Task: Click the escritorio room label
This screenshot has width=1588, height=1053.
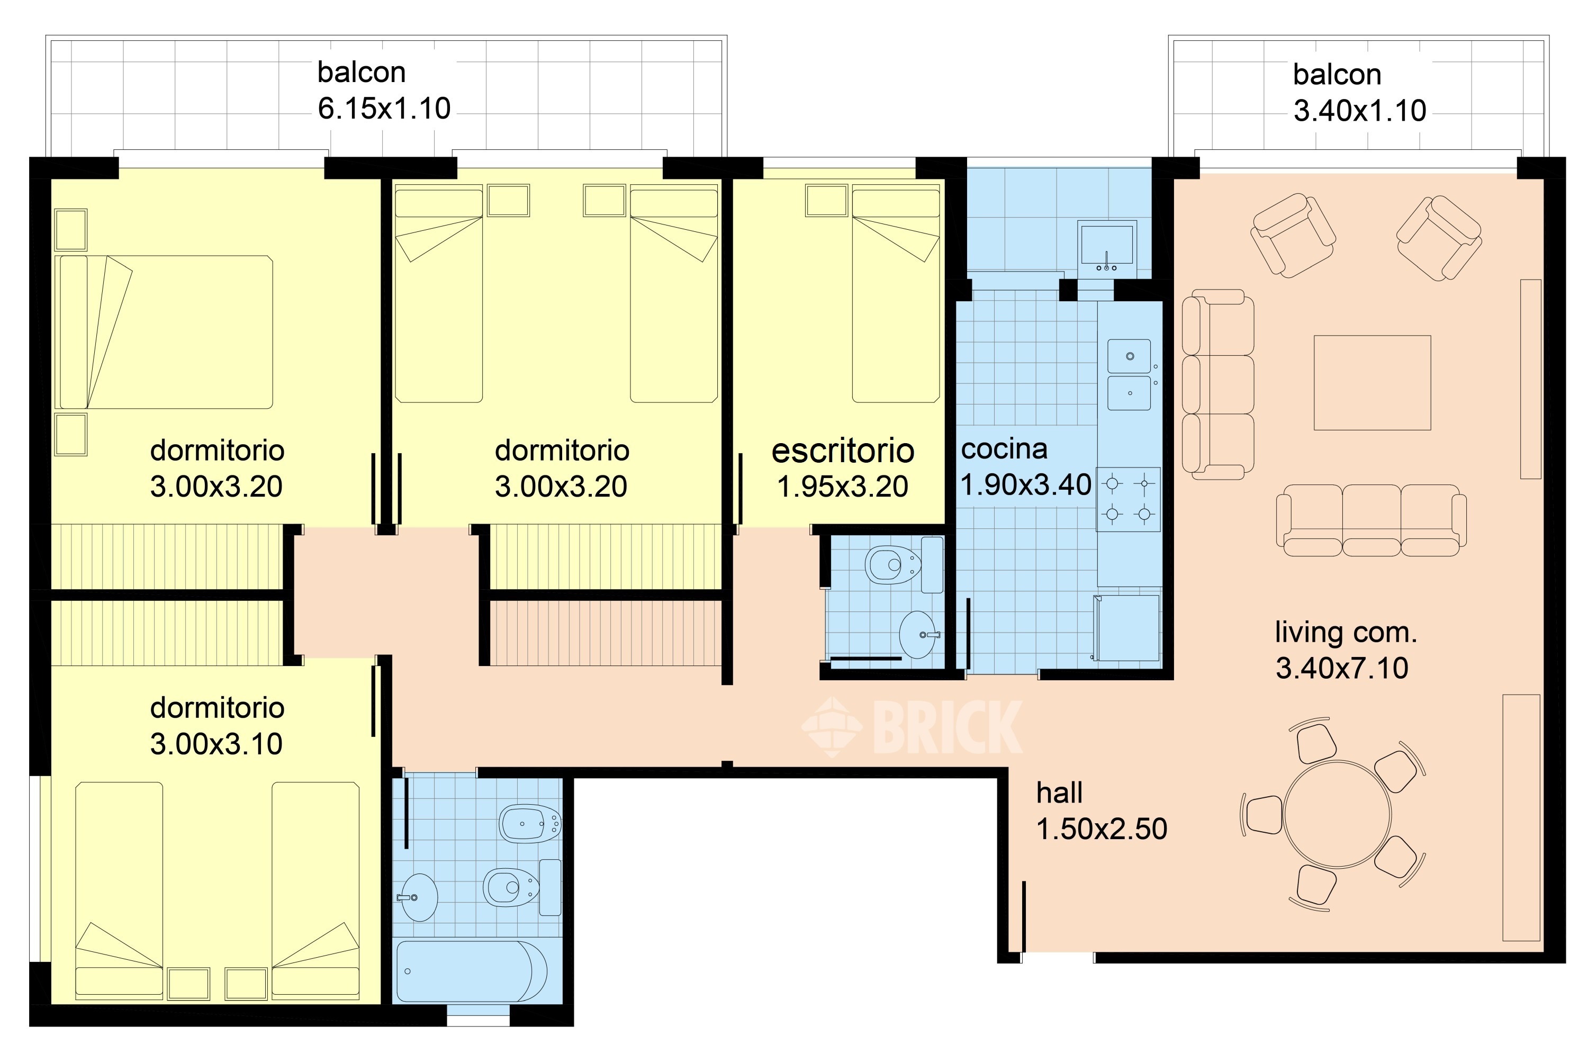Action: coord(843,451)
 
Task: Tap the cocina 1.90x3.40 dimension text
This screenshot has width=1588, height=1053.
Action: coord(1026,485)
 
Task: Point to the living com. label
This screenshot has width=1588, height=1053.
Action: coord(1346,633)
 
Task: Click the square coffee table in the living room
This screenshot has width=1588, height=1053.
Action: coord(1373,383)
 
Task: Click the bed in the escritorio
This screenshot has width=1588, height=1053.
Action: coord(896,295)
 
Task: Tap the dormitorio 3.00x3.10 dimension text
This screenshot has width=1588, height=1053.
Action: coord(216,744)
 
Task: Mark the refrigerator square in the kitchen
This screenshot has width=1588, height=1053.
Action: coord(1127,627)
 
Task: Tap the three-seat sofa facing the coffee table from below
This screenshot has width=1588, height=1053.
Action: coord(1371,520)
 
